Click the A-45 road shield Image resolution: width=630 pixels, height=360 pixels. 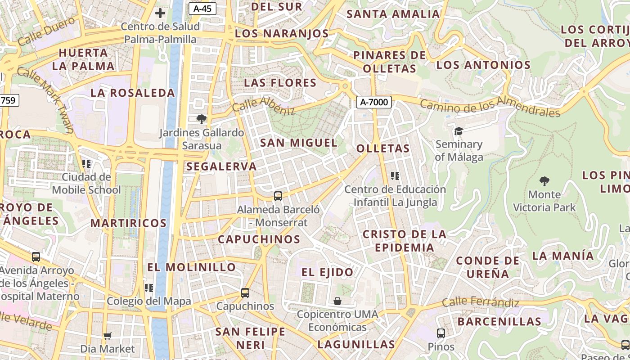202,9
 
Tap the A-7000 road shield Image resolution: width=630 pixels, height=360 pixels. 374,102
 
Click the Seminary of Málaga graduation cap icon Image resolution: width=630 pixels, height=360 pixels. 459,131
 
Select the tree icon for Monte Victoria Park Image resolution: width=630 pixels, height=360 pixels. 544,181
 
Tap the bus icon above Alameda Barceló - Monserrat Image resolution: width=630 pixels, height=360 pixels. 278,196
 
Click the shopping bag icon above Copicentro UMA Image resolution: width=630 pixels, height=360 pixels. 337,301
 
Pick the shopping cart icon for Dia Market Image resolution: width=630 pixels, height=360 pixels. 107,336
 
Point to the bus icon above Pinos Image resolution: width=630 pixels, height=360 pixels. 441,333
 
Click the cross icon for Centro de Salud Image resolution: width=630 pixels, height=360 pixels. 160,13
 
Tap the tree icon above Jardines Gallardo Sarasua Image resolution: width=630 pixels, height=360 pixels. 202,119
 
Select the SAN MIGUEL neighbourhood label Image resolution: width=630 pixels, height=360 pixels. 299,143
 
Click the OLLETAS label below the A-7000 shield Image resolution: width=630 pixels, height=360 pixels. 383,148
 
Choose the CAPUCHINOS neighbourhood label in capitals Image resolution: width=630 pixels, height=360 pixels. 259,239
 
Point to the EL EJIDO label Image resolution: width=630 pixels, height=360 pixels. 328,272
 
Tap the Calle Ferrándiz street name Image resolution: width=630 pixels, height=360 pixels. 481,302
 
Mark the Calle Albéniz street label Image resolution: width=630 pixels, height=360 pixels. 263,105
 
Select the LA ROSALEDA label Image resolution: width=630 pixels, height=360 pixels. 133,93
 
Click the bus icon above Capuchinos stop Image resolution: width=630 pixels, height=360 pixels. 245,293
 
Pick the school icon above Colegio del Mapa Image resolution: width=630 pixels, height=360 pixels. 148,288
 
